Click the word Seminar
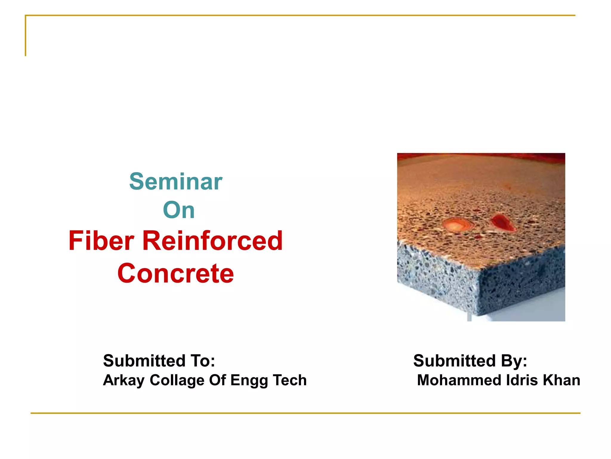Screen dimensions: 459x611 176,182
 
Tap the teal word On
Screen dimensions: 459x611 179,210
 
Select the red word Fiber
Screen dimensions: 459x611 101,241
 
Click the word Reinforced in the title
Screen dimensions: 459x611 212,241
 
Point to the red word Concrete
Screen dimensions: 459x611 175,273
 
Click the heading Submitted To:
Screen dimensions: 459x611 159,361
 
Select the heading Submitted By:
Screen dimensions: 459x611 470,361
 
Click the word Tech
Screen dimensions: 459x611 289,380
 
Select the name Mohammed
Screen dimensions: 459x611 459,380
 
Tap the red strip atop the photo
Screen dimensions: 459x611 481,156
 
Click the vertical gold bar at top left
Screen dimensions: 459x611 26,36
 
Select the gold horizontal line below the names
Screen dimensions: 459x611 305,413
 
